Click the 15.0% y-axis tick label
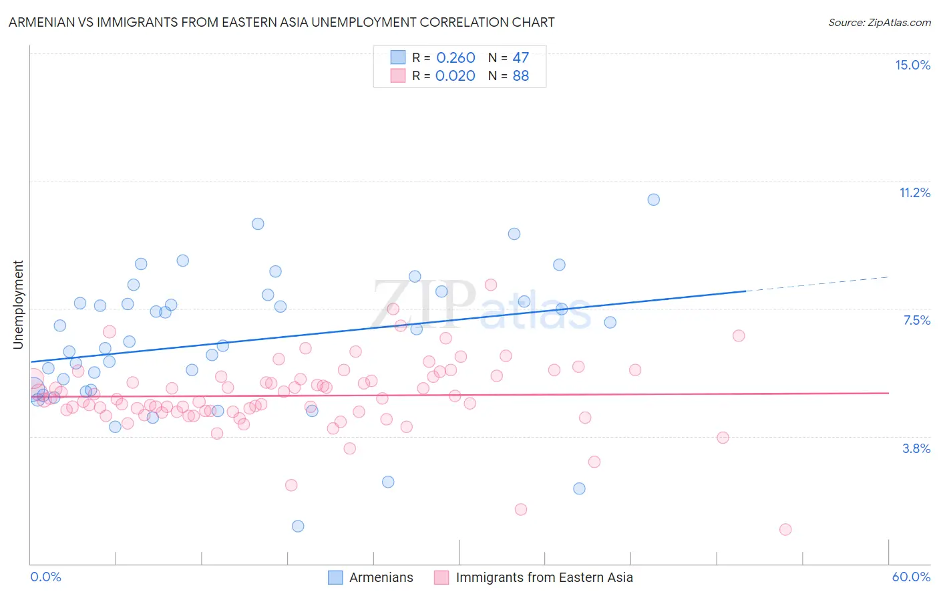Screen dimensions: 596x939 coord(912,65)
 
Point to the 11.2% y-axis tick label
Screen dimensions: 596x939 coord(914,192)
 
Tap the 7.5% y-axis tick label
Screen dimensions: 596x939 coord(916,320)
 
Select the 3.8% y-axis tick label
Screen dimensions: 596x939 coord(916,448)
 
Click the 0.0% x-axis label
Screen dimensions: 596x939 coord(45,577)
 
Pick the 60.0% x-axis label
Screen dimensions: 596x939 coord(911,577)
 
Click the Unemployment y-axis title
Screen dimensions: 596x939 coord(18,305)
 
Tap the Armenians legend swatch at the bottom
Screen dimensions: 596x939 coord(335,577)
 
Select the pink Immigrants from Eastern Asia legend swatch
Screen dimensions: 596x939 coord(441,577)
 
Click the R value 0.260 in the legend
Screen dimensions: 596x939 coord(455,58)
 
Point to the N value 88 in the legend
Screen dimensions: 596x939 coord(520,76)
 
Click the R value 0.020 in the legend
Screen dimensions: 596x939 coord(455,76)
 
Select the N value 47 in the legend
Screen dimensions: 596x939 coord(520,58)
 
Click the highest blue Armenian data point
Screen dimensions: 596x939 coord(654,200)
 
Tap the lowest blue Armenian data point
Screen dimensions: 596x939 coord(298,526)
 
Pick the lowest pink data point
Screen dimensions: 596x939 coord(785,529)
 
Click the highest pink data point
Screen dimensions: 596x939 coord(491,285)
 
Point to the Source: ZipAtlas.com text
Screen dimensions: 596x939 coord(879,22)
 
